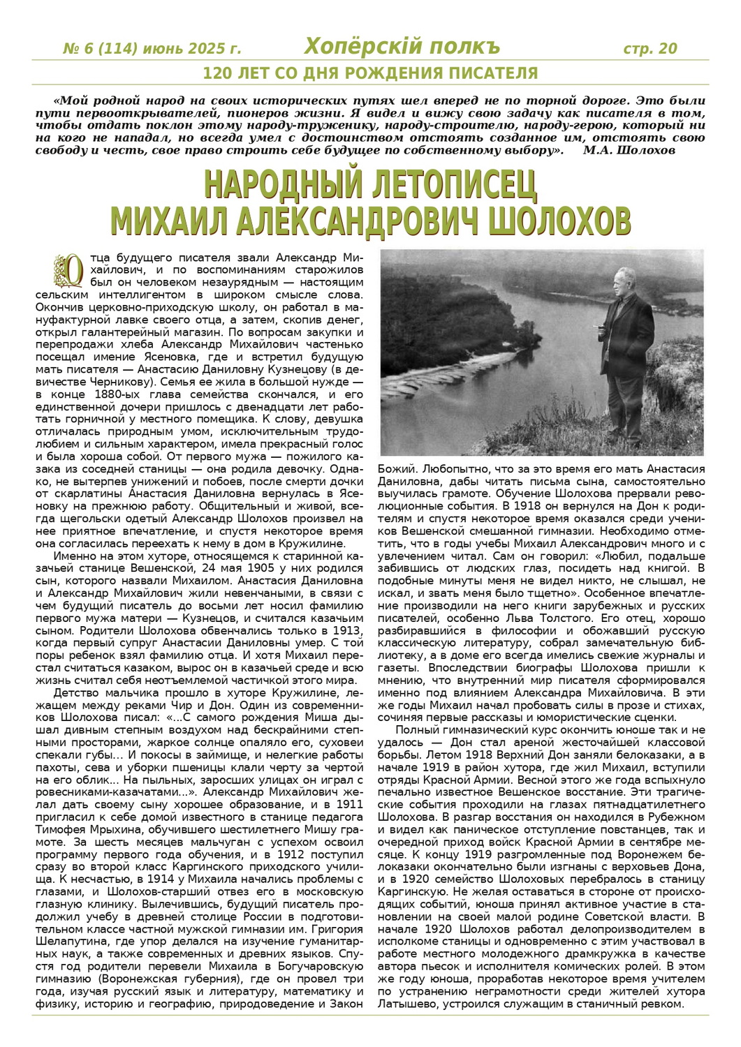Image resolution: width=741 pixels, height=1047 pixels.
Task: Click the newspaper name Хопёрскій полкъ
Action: (x=402, y=47)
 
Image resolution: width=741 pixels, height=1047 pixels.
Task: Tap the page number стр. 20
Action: (x=650, y=48)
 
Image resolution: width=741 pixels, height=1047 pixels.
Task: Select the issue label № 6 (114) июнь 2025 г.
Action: (x=152, y=49)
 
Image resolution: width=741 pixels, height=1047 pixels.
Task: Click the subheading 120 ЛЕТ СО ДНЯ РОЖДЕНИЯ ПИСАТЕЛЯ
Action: (x=370, y=73)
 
